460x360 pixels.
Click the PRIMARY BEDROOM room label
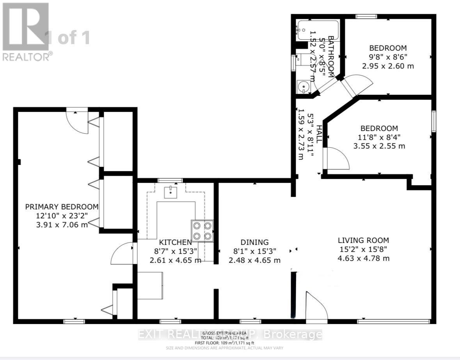pos(62,207)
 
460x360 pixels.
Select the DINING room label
pos(254,242)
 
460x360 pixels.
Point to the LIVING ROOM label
pos(363,240)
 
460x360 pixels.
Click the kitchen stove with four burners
pos(202,231)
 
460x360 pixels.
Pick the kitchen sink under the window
pos(171,192)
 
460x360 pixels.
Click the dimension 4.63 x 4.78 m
pos(363,258)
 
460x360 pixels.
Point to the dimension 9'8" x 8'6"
pos(388,57)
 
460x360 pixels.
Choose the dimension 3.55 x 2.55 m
pos(379,146)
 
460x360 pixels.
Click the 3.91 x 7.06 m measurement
pos(62,225)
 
